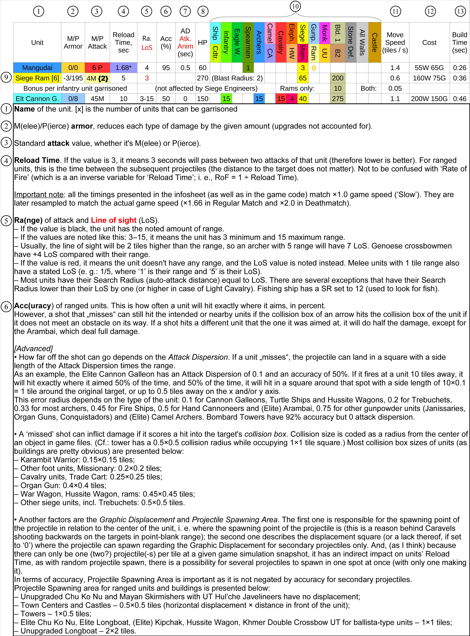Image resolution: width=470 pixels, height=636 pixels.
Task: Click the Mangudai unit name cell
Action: [37, 68]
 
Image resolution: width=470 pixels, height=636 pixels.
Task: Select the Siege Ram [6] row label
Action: [37, 78]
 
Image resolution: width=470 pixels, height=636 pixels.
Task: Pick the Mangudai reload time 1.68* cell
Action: [123, 68]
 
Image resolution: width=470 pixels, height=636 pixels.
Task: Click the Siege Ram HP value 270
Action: [203, 78]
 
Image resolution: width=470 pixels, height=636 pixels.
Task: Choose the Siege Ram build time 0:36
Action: [459, 78]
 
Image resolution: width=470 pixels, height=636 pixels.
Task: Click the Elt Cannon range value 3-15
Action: [147, 99]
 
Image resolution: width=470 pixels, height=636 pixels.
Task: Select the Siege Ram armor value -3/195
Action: [73, 78]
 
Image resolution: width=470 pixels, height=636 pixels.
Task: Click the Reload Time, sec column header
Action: [123, 42]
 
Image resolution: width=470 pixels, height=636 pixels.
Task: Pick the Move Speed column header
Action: [395, 42]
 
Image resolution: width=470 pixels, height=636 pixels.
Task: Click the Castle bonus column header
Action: [374, 42]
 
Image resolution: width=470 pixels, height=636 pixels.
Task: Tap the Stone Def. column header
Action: [350, 42]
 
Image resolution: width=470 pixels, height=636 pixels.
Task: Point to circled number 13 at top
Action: [460, 11]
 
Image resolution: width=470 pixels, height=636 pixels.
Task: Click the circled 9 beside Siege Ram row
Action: [6, 77]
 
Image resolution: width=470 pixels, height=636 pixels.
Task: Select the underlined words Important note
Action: [39, 195]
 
